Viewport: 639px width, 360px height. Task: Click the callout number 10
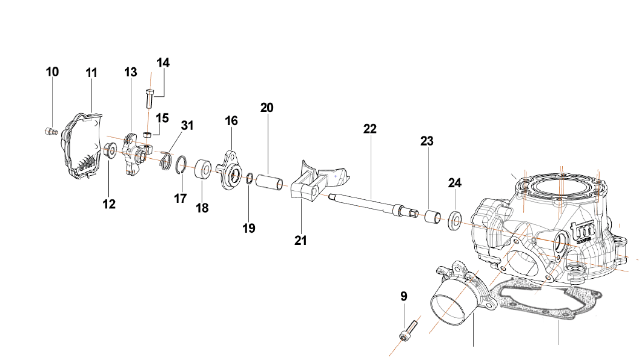click(53, 72)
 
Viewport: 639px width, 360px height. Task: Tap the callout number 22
click(370, 129)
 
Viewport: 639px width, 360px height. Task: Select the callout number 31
click(187, 125)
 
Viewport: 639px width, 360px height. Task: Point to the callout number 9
click(404, 297)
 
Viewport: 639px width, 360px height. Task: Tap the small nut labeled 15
click(147, 134)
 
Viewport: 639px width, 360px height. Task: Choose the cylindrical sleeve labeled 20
click(268, 182)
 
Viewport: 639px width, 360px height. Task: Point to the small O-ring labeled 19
click(250, 178)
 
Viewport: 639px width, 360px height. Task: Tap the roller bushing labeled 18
click(203, 169)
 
